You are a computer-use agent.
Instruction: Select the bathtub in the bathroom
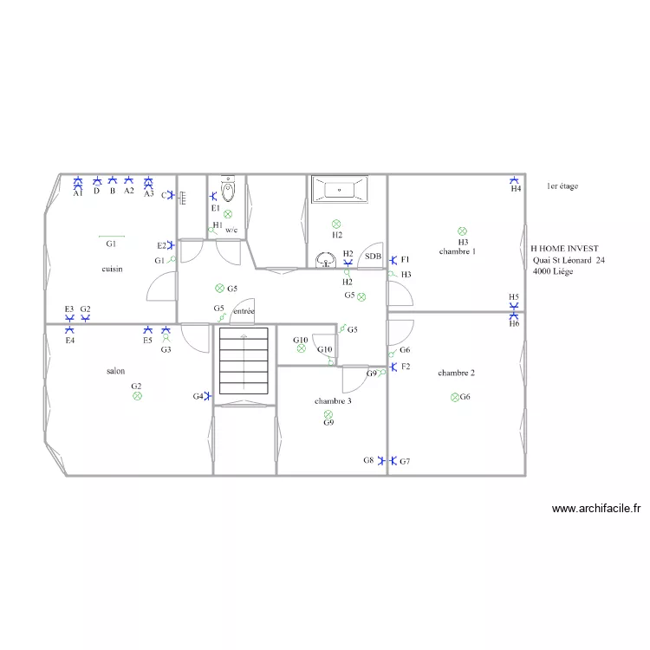click(x=340, y=190)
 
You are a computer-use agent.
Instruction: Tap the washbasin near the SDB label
click(x=326, y=260)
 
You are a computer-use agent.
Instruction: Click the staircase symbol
click(x=244, y=361)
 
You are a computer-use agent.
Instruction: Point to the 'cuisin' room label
click(x=113, y=269)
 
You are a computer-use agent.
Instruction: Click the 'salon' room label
click(x=115, y=371)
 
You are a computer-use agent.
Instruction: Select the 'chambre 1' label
click(x=458, y=251)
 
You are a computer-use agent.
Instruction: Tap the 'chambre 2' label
click(x=456, y=373)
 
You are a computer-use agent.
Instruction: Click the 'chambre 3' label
click(x=333, y=401)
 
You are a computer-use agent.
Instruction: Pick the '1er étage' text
click(x=562, y=186)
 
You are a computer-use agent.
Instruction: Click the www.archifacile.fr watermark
click(x=596, y=508)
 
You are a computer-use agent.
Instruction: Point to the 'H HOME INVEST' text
click(x=564, y=249)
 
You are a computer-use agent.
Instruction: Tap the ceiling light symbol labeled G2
click(x=137, y=396)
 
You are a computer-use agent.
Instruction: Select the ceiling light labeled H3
click(x=462, y=231)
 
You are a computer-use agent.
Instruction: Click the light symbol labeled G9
click(x=328, y=414)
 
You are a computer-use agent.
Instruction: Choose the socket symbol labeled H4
click(x=514, y=180)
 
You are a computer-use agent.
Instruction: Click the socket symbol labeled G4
click(x=208, y=396)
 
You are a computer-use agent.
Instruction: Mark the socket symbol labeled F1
click(x=393, y=260)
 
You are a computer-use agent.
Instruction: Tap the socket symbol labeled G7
click(x=393, y=460)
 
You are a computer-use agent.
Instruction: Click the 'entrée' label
click(x=244, y=311)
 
